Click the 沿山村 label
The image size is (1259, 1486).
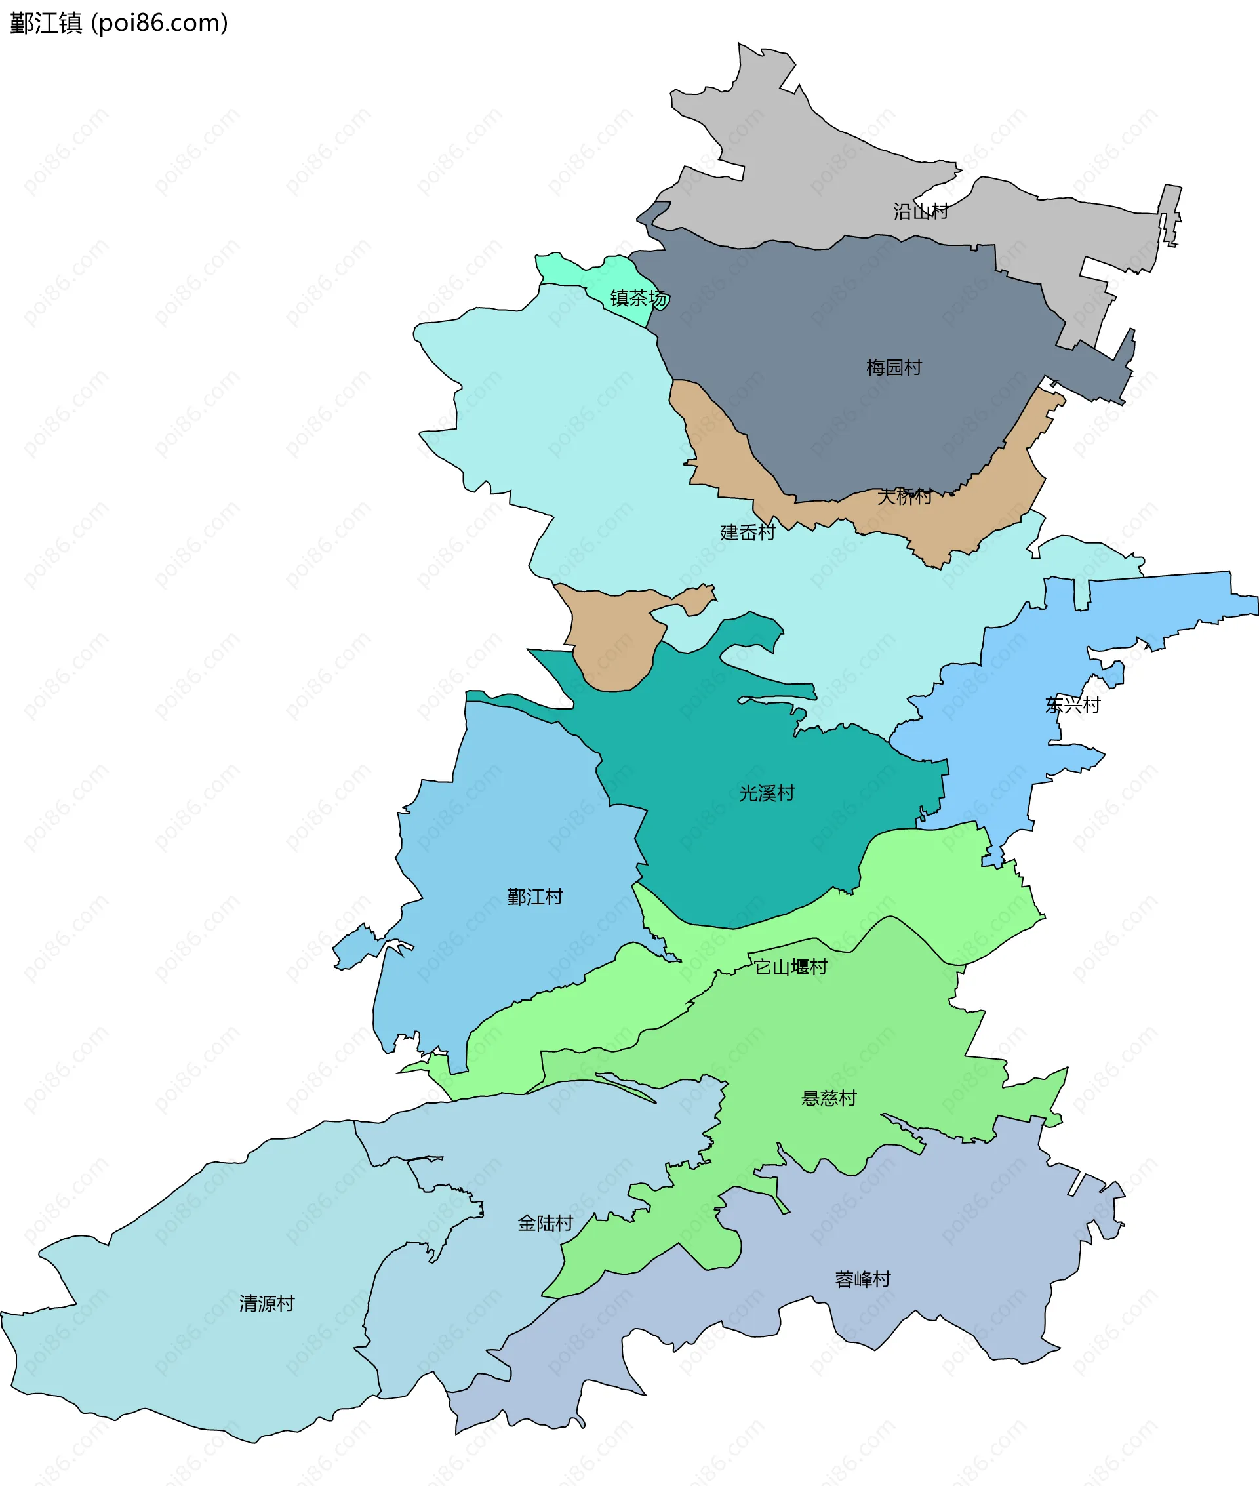tap(921, 211)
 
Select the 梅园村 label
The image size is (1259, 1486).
tap(894, 368)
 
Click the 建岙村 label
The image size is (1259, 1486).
tap(748, 532)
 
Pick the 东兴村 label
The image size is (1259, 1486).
tap(1073, 705)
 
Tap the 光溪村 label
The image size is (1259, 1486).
tap(767, 793)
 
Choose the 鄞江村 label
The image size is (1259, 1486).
tap(534, 896)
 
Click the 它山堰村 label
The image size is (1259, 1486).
tap(791, 967)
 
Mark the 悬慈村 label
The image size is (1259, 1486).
tap(829, 1098)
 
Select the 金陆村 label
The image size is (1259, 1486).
tap(546, 1223)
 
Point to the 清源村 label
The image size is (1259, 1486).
tap(267, 1303)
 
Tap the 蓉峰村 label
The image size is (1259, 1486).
tap(863, 1279)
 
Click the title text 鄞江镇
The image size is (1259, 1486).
tap(47, 23)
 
